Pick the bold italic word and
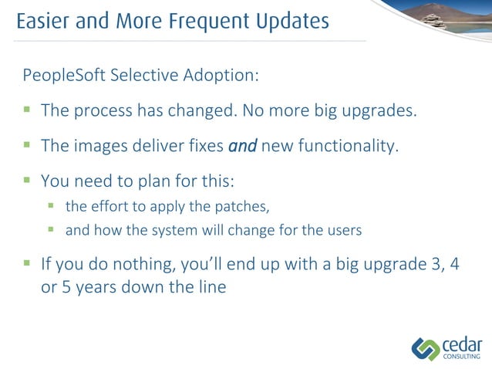pyautogui.click(x=242, y=146)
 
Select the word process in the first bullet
pyautogui.click(x=102, y=110)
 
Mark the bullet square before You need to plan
pyautogui.click(x=27, y=181)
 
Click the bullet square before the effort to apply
pyautogui.click(x=52, y=206)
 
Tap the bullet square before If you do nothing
pyautogui.click(x=27, y=264)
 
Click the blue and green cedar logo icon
pyautogui.click(x=425, y=348)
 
